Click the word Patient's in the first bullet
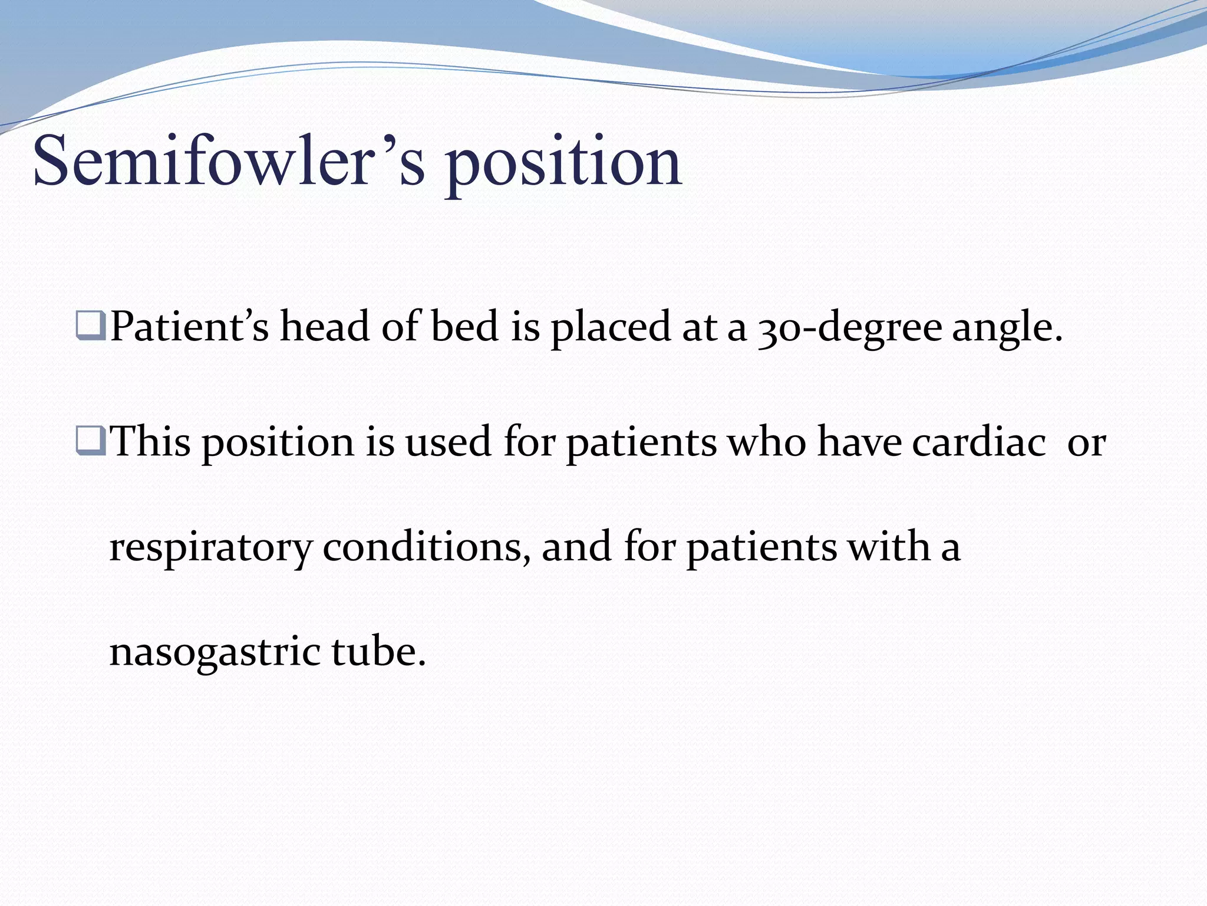coord(189,326)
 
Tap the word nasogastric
coord(215,654)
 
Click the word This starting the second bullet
coord(150,442)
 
